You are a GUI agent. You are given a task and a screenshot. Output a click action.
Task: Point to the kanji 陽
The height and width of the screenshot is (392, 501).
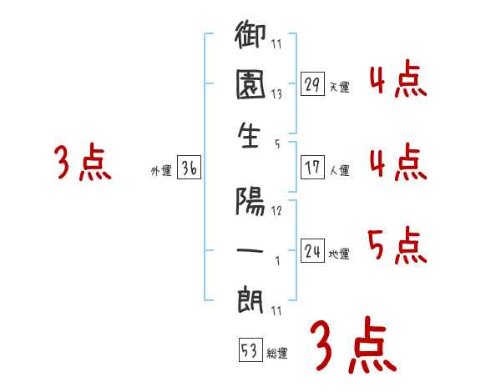[x=251, y=201]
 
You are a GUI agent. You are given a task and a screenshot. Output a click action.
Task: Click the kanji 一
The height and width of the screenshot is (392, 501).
[x=251, y=248]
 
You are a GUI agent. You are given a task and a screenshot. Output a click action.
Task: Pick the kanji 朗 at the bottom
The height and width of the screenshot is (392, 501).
[x=251, y=298]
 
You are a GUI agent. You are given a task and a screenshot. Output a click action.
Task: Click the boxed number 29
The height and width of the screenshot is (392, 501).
[x=312, y=83]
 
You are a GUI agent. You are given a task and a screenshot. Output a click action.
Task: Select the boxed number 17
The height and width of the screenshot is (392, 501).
[x=312, y=168]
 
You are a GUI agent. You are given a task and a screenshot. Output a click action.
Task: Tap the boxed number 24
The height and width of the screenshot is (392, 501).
[x=312, y=251]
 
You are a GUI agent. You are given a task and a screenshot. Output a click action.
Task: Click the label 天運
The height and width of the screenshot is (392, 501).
[x=339, y=87]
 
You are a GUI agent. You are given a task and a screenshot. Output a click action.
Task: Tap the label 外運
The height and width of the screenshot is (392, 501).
[x=161, y=171]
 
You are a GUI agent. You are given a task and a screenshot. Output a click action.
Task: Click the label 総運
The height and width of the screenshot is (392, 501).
[x=276, y=353]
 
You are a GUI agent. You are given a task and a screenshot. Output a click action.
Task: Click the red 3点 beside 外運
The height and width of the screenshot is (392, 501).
[x=83, y=163]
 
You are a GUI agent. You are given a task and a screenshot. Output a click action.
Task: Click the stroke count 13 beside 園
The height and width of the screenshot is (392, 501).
[x=277, y=93]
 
